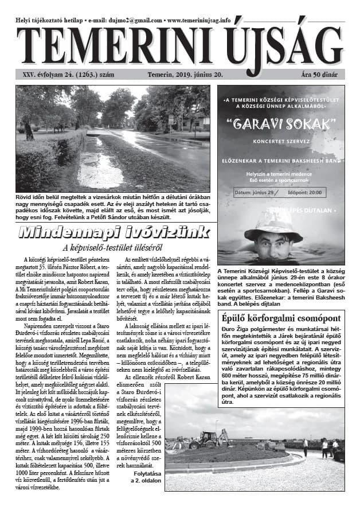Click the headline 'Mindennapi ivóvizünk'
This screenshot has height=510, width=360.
coord(106,233)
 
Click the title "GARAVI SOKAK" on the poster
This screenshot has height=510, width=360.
coord(280,123)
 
